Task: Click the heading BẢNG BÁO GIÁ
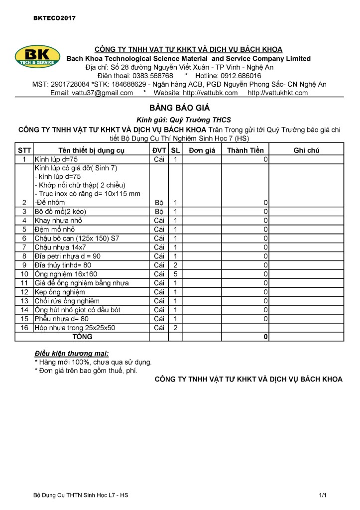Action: [180, 108]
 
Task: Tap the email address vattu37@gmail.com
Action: [92, 93]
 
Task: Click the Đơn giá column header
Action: [202, 150]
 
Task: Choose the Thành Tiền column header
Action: [245, 150]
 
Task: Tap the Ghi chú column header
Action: [306, 150]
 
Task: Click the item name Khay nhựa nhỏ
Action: [58, 220]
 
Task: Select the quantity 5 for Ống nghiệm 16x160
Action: [175, 274]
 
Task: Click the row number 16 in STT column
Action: [24, 328]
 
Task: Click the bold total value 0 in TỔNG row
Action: [266, 337]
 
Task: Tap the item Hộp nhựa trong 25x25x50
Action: [75, 328]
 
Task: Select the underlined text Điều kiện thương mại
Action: [74, 353]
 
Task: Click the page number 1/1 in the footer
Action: [323, 496]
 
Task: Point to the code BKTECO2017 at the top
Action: [54, 18]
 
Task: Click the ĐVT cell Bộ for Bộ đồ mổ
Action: [159, 211]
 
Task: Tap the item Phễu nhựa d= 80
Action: [61, 319]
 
